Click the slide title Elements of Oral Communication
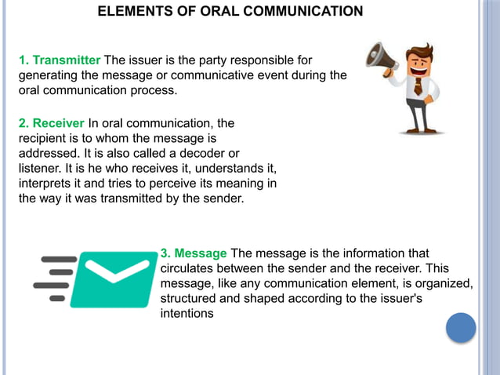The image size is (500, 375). tap(230, 11)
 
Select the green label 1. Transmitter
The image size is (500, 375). tap(60, 60)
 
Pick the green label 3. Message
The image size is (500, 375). tap(194, 253)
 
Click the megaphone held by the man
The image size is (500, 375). tap(382, 56)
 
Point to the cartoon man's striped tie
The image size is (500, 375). tap(418, 86)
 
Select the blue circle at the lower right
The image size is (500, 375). tap(461, 328)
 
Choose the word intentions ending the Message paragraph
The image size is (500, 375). tap(187, 313)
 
